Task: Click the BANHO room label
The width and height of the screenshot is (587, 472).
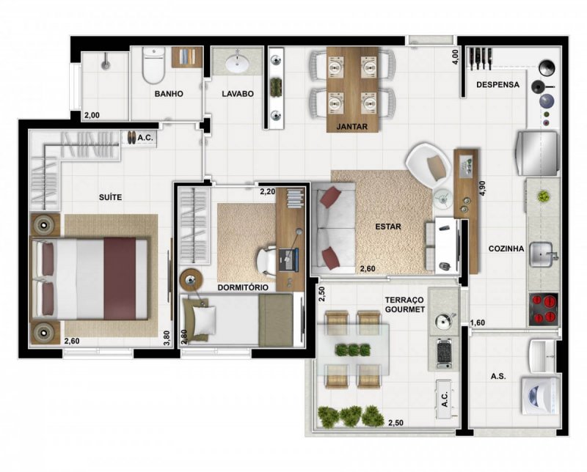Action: click(168, 95)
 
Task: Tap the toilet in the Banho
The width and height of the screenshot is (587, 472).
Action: click(153, 67)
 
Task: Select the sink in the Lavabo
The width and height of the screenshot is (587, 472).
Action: click(237, 64)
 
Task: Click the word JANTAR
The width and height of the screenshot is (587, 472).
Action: click(352, 126)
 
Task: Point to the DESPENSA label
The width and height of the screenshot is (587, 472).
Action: click(497, 85)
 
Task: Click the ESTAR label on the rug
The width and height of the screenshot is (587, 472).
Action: click(388, 226)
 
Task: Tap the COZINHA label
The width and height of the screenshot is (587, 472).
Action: click(506, 248)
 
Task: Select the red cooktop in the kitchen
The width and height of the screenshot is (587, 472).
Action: click(544, 309)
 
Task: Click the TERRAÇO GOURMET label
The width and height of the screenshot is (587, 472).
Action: click(404, 305)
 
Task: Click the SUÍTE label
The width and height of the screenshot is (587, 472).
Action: click(110, 197)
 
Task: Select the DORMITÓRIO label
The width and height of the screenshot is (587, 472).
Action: click(242, 288)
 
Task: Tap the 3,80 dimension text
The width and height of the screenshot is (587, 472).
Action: click(167, 336)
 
